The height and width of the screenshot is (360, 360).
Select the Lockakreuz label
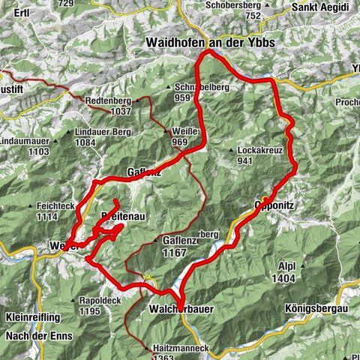point(259,149)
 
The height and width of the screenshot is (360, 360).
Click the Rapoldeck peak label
point(100,301)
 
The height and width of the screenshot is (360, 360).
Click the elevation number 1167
point(174,253)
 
